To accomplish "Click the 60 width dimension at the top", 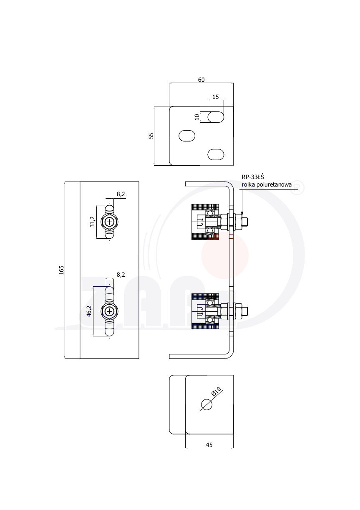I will [x=201, y=80].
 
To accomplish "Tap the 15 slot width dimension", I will [x=216, y=97].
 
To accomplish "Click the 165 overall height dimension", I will [x=61, y=270].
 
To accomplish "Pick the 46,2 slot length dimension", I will [x=89, y=311].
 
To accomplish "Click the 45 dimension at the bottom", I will [x=209, y=445].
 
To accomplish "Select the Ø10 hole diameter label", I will [x=216, y=392].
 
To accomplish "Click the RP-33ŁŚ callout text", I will [x=253, y=177].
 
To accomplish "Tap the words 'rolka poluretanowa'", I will [x=266, y=184].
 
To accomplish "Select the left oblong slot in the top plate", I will [x=187, y=136].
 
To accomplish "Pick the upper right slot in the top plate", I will [x=216, y=117].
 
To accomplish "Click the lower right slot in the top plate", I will [x=216, y=154].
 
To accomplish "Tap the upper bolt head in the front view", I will [x=110, y=222].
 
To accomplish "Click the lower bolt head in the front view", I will [x=110, y=311].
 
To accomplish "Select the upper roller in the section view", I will [x=205, y=222].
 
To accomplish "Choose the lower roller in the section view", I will [x=205, y=311].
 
